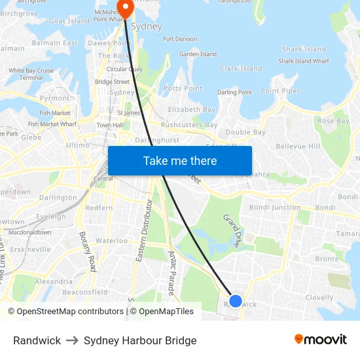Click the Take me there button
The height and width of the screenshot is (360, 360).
point(180,160)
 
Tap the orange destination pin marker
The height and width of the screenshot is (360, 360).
point(124,7)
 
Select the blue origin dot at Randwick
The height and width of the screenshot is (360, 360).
point(236,302)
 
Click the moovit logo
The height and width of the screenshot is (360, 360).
point(320,340)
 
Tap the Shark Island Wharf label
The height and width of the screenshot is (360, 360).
point(304,62)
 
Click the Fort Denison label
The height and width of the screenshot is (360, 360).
point(180,39)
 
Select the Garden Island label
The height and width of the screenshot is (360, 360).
point(198,54)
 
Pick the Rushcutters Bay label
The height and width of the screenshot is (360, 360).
point(189,125)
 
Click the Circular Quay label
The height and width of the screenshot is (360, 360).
point(124,69)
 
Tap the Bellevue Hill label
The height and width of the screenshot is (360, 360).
point(298,146)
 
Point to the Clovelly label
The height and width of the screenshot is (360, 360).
point(319,297)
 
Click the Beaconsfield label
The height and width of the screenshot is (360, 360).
point(85,293)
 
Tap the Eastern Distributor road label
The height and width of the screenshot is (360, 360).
point(145,231)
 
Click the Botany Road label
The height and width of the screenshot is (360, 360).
point(88,251)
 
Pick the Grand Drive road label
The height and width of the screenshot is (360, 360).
point(232,230)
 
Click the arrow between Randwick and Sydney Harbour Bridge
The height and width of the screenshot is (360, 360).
point(72,340)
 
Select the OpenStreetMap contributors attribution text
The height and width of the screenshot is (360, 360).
point(65,312)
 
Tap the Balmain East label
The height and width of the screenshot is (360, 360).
point(54,43)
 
